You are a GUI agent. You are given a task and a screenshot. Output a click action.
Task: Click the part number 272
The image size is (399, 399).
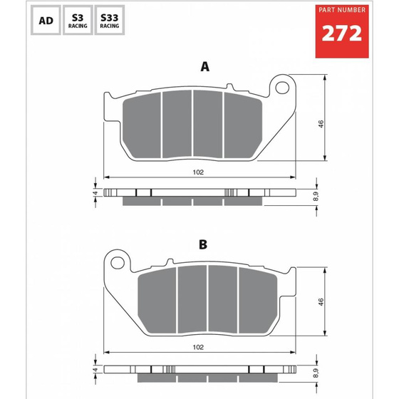(341, 33)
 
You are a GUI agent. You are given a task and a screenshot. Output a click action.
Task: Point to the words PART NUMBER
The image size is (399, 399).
(341, 10)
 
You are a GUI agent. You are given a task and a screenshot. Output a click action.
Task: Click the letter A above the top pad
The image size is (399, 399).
(204, 67)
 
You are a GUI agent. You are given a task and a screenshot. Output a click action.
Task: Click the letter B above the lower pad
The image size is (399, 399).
(204, 244)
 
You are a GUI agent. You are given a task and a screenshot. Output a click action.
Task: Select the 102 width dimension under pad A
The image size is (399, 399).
(199, 172)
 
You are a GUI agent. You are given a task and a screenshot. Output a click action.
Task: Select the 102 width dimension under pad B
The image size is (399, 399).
(199, 348)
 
